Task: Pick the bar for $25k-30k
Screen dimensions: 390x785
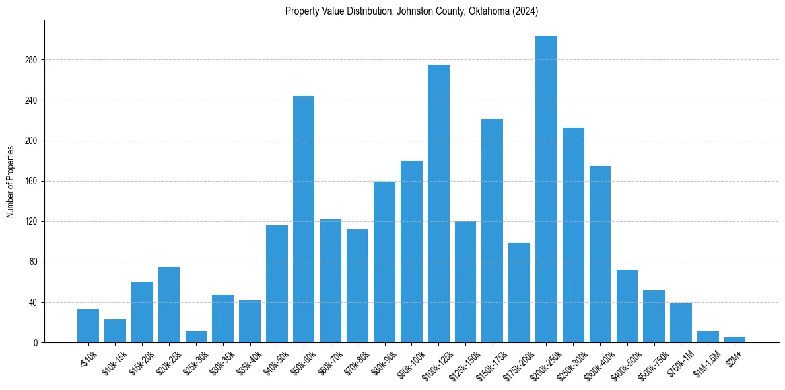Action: click(196, 337)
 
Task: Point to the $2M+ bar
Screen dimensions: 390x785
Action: click(735, 340)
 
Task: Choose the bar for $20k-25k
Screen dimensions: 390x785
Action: click(169, 305)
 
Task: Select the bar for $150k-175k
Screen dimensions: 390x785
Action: click(492, 231)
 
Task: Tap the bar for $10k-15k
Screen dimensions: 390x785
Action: click(115, 331)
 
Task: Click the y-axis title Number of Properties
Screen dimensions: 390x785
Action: click(11, 181)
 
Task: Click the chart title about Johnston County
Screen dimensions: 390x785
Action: click(412, 11)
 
